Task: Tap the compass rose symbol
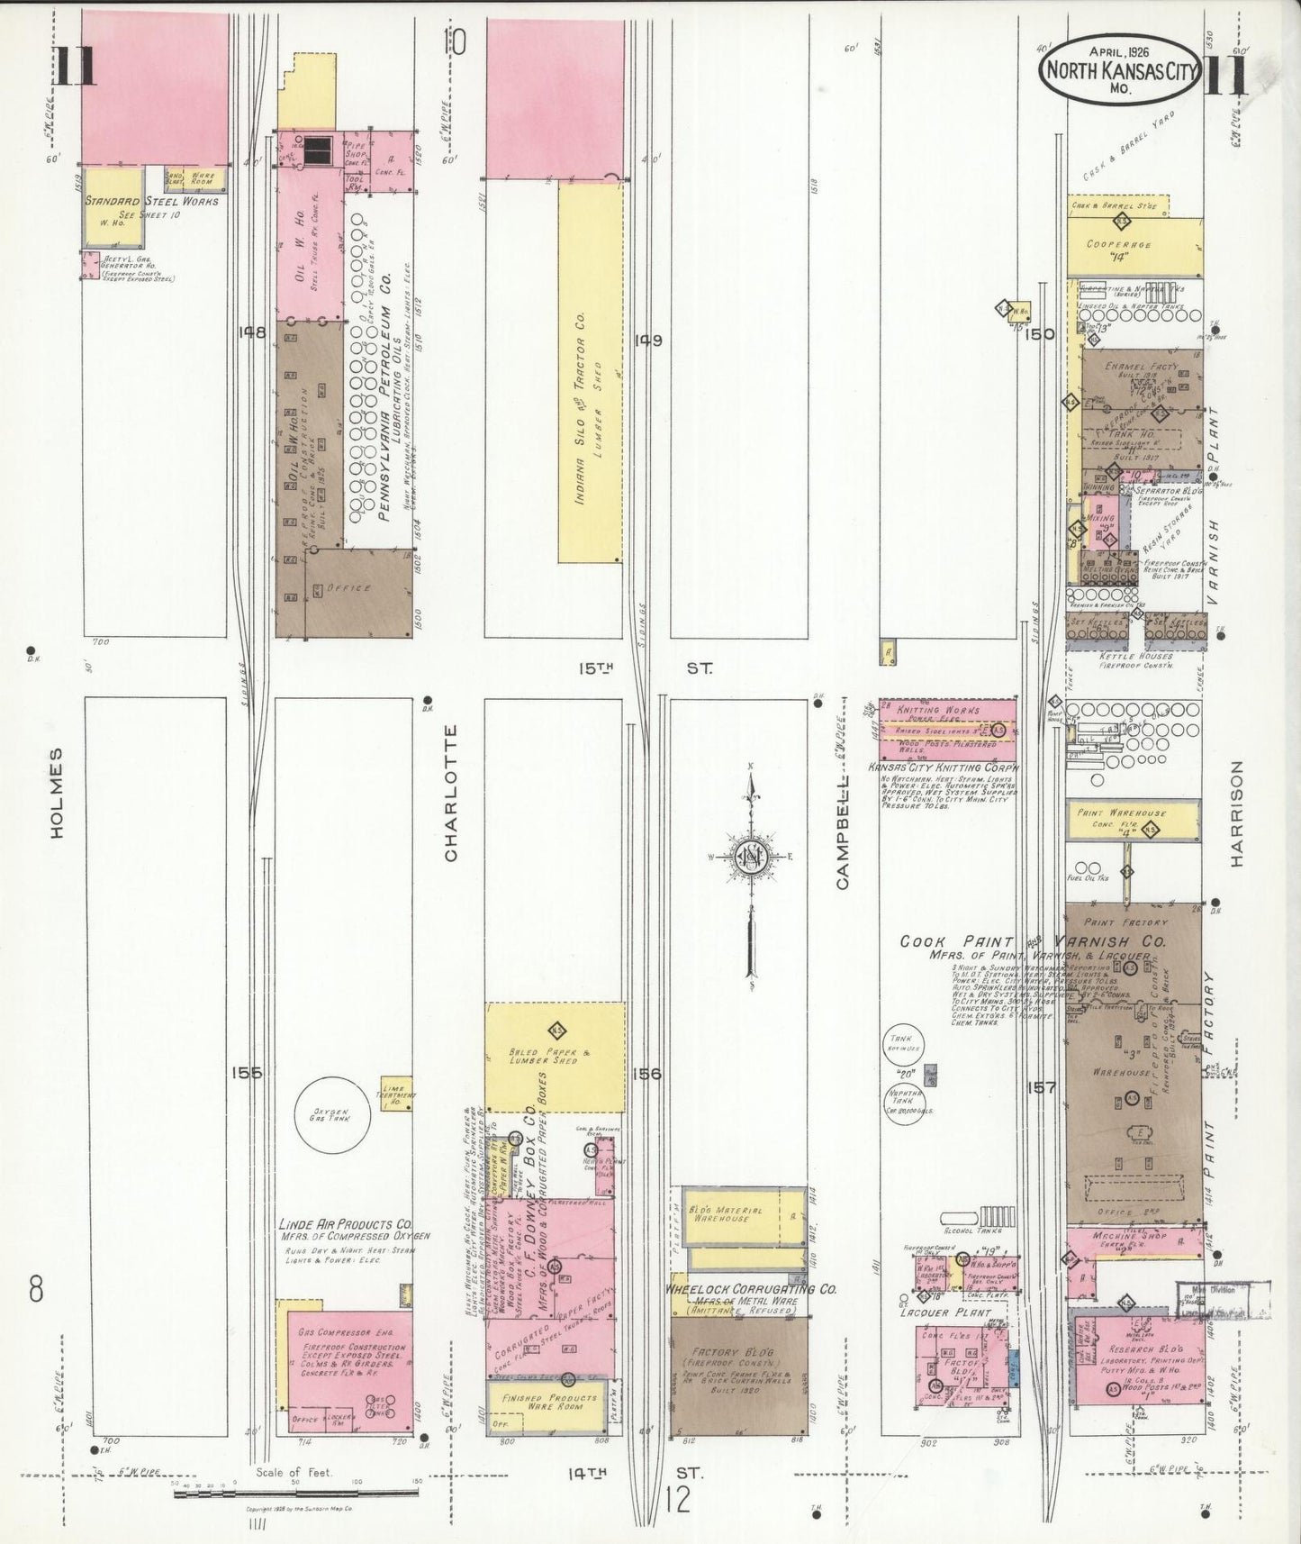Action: (751, 856)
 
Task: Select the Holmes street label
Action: (58, 793)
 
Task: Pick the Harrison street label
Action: (1236, 813)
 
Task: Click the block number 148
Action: (252, 332)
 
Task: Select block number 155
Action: (245, 1073)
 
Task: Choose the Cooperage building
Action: (1134, 246)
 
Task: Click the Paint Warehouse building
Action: (1133, 819)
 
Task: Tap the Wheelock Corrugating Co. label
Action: (751, 1289)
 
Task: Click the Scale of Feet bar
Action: (297, 1494)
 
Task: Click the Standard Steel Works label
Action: (151, 201)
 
